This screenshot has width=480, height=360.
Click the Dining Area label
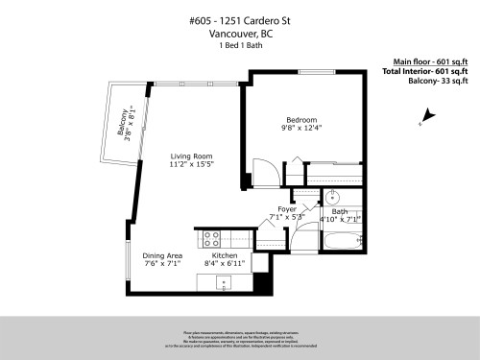pos(162,255)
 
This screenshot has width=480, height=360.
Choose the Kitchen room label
pos(225,255)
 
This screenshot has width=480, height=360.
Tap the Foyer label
pos(287,208)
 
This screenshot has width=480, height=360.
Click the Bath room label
pos(340,211)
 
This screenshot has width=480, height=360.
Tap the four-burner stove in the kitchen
pos(211,240)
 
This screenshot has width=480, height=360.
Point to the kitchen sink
pos(224,282)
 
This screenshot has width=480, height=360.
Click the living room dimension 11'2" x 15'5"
pos(191,165)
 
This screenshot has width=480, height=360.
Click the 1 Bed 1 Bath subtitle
pos(239,46)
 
